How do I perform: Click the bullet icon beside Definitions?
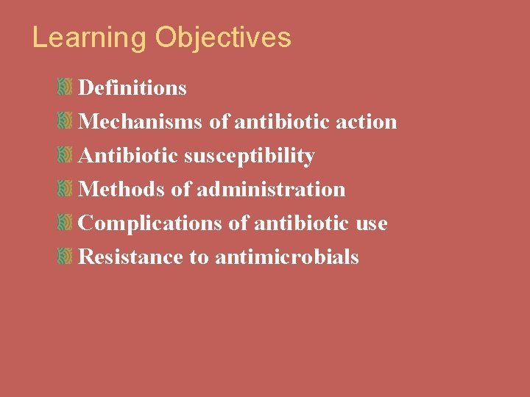(65, 87)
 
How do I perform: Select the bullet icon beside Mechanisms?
(65, 121)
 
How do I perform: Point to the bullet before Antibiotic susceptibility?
(65, 155)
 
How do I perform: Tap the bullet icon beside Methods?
(65, 189)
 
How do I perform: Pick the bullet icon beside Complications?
(65, 223)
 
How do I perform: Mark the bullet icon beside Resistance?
(65, 257)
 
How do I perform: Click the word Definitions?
(132, 88)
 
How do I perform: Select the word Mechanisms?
(140, 122)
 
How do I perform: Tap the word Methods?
(121, 190)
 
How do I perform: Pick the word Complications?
(149, 223)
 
